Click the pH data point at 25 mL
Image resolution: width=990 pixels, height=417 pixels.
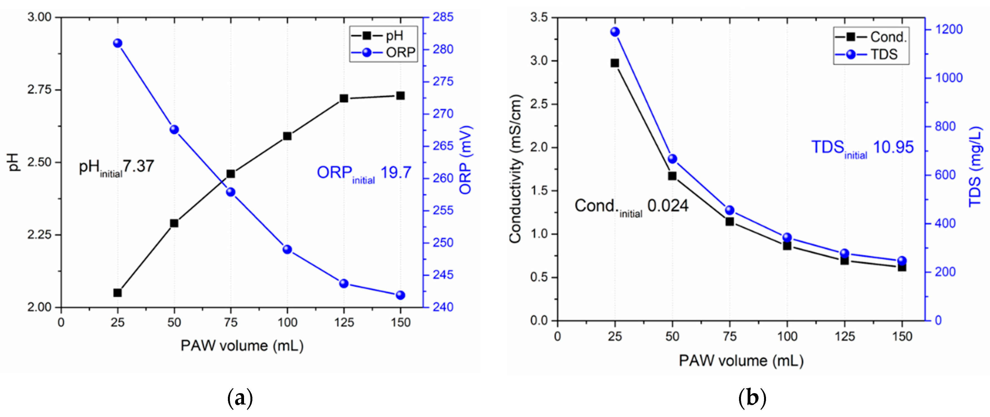pyautogui.click(x=118, y=293)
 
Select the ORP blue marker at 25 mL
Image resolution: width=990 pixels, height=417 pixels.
pyautogui.click(x=118, y=43)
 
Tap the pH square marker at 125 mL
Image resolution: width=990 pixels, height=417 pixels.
pyautogui.click(x=344, y=99)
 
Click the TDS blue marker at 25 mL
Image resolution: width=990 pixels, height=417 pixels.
pyautogui.click(x=615, y=32)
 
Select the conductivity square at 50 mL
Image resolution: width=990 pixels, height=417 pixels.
pyautogui.click(x=672, y=176)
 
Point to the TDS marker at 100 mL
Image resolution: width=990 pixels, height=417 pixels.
pyautogui.click(x=787, y=237)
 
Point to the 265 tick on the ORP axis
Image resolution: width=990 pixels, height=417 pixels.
pyautogui.click(x=443, y=146)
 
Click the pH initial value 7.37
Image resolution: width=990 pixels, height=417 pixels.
pyautogui.click(x=138, y=166)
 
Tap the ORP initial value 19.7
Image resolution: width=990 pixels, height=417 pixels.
pyautogui.click(x=396, y=172)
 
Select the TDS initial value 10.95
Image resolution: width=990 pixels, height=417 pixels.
pyautogui.click(x=893, y=147)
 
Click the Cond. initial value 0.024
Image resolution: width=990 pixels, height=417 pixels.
pyautogui.click(x=668, y=206)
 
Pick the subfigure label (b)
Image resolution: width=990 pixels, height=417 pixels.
pyautogui.click(x=752, y=398)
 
